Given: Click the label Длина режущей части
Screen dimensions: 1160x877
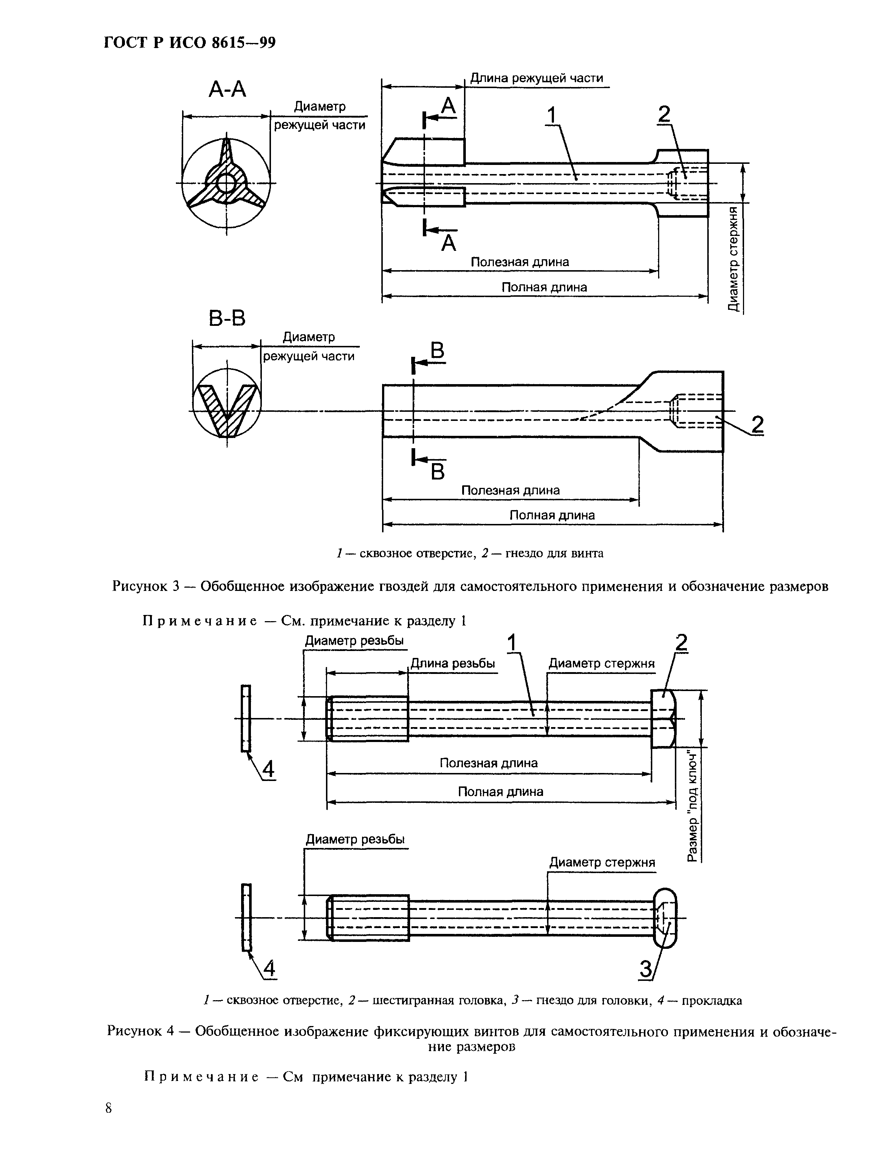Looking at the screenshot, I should tap(536, 79).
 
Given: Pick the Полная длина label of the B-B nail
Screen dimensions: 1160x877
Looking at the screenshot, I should tap(552, 515).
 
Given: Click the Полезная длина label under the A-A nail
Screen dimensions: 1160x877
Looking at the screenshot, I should tap(519, 262).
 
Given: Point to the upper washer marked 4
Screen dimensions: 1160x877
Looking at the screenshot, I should tap(245, 718).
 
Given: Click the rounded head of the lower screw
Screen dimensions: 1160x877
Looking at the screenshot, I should tap(665, 918).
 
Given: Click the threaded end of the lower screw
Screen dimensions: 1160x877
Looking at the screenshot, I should tap(369, 918).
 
